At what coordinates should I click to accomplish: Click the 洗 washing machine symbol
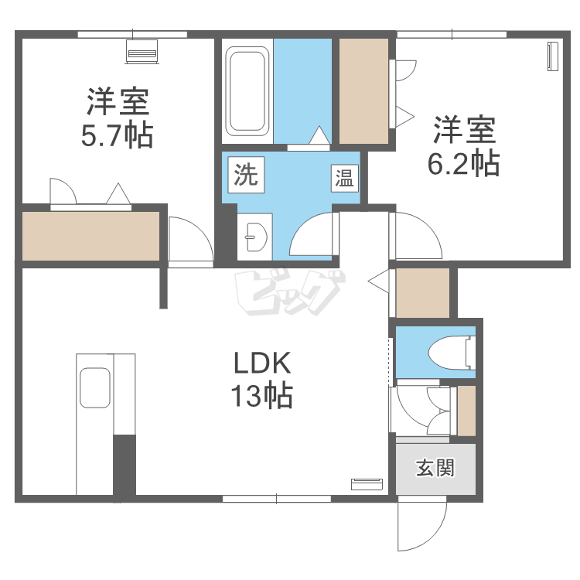pyautogui.click(x=246, y=175)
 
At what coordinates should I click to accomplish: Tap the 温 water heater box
pyautogui.click(x=344, y=178)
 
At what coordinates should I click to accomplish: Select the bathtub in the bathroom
pyautogui.click(x=247, y=91)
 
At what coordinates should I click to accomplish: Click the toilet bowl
pyautogui.click(x=452, y=352)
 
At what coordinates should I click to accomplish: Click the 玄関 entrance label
pyautogui.click(x=435, y=468)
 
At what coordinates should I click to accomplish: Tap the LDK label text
pyautogui.click(x=262, y=363)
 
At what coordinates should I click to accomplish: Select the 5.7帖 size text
pyautogui.click(x=117, y=136)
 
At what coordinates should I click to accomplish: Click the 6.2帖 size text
pyautogui.click(x=464, y=163)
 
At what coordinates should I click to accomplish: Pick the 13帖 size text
pyautogui.click(x=262, y=396)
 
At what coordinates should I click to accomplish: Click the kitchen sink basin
pyautogui.click(x=95, y=387)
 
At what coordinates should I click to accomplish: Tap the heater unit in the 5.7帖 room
pyautogui.click(x=142, y=51)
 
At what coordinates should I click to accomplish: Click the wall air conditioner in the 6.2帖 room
pyautogui.click(x=553, y=56)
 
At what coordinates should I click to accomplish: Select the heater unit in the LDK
pyautogui.click(x=367, y=484)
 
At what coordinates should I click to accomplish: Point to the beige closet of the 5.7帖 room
pyautogui.click(x=91, y=236)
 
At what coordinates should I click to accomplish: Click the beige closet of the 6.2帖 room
pyautogui.click(x=363, y=91)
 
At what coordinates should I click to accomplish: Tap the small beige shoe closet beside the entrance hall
pyautogui.click(x=466, y=411)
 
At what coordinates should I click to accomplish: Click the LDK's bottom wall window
pyautogui.click(x=277, y=499)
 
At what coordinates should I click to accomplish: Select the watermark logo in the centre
pyautogui.click(x=290, y=292)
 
